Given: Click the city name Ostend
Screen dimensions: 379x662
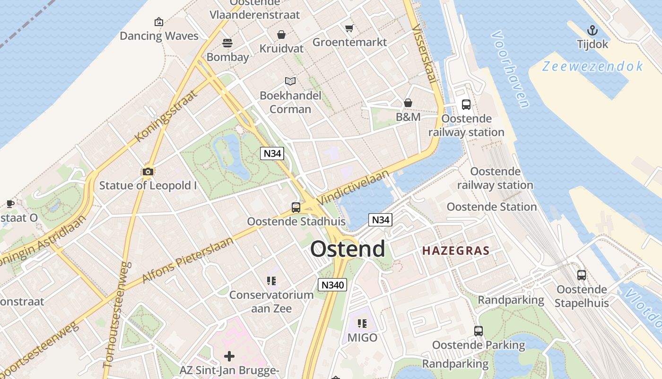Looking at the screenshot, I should [x=348, y=249].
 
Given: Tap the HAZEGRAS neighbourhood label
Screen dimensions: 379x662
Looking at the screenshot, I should [x=455, y=251].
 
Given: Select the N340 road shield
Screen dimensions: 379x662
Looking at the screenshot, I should [x=332, y=285].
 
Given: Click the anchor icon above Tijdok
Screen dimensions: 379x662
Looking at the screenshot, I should [x=592, y=31].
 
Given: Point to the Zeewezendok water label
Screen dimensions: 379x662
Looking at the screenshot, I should [x=592, y=66].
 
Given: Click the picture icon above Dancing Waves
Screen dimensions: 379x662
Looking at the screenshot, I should [x=159, y=22].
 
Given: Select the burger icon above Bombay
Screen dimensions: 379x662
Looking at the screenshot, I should [x=227, y=43].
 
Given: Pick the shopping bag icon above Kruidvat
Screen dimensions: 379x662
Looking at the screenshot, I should [x=281, y=35].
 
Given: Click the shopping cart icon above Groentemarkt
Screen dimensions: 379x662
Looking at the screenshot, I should [x=349, y=28].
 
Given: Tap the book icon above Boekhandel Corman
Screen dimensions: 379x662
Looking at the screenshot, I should [x=290, y=81].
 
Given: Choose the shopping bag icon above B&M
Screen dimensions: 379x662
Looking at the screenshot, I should [x=408, y=103].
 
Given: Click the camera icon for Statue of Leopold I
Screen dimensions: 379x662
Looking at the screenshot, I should [x=148, y=171].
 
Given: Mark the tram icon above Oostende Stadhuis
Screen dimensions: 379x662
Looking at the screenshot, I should [x=296, y=207].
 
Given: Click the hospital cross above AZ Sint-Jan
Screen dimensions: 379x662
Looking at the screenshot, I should [x=229, y=356].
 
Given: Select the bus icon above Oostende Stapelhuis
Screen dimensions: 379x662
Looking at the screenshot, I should [x=582, y=275].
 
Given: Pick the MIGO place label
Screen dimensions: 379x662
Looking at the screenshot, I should [x=362, y=338].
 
